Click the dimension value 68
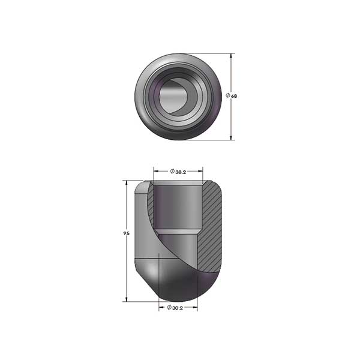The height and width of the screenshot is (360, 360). click(234, 97)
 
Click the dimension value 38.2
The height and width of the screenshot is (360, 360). click(181, 172)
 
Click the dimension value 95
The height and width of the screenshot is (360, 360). click(127, 233)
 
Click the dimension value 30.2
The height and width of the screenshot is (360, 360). click(178, 308)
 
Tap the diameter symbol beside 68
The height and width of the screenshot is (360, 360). click(228, 95)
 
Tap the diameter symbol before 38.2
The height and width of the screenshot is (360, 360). click(172, 171)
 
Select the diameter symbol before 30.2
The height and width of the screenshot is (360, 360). click(169, 307)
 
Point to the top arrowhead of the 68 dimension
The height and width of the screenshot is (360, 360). click(231, 56)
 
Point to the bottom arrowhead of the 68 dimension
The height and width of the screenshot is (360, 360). click(231, 137)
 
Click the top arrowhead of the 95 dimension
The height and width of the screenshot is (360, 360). click(127, 183)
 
